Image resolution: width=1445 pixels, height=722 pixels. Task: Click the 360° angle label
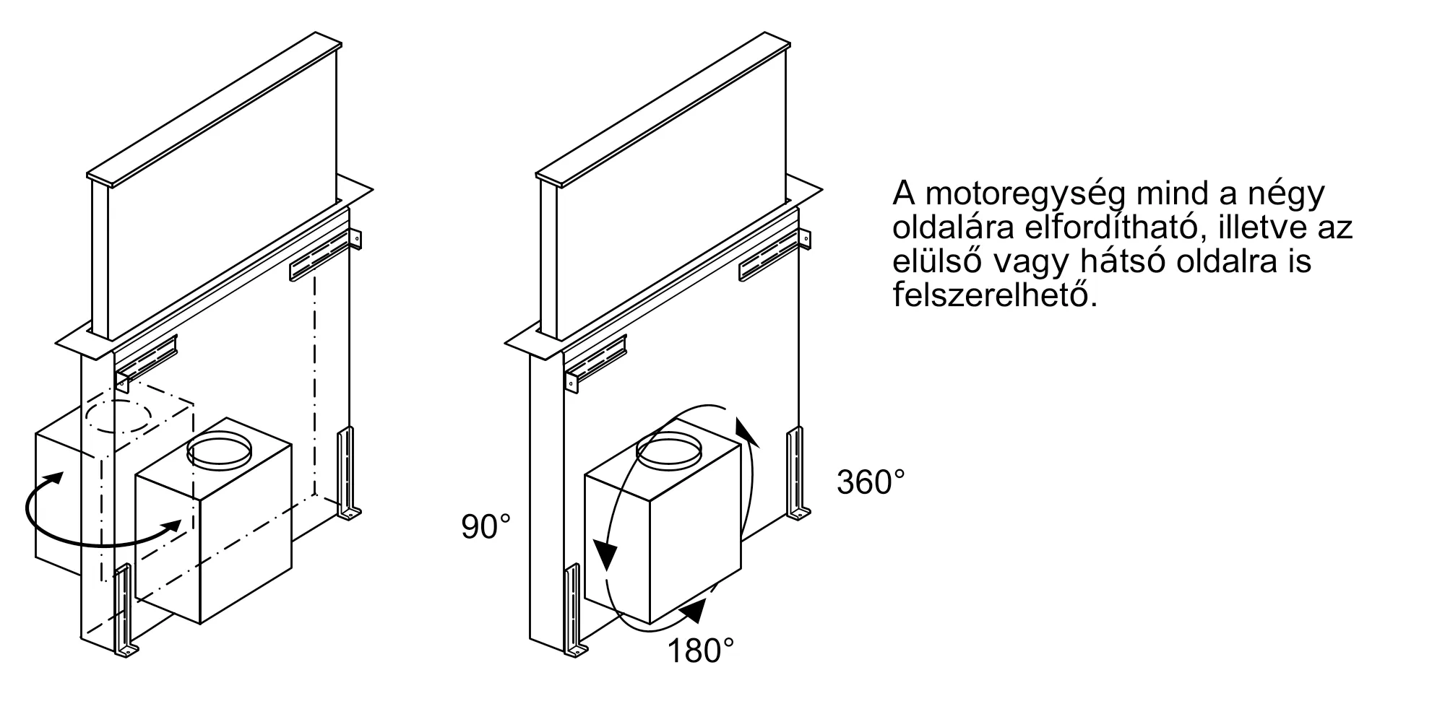tap(870, 482)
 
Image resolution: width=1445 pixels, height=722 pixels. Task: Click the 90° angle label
tap(486, 527)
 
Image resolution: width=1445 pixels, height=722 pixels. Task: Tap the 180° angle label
tap(700, 651)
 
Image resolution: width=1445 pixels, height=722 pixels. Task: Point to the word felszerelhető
tap(995, 295)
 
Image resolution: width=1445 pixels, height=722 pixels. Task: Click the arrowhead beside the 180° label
tap(693, 611)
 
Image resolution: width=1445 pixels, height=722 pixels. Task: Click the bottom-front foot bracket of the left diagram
tap(124, 614)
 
